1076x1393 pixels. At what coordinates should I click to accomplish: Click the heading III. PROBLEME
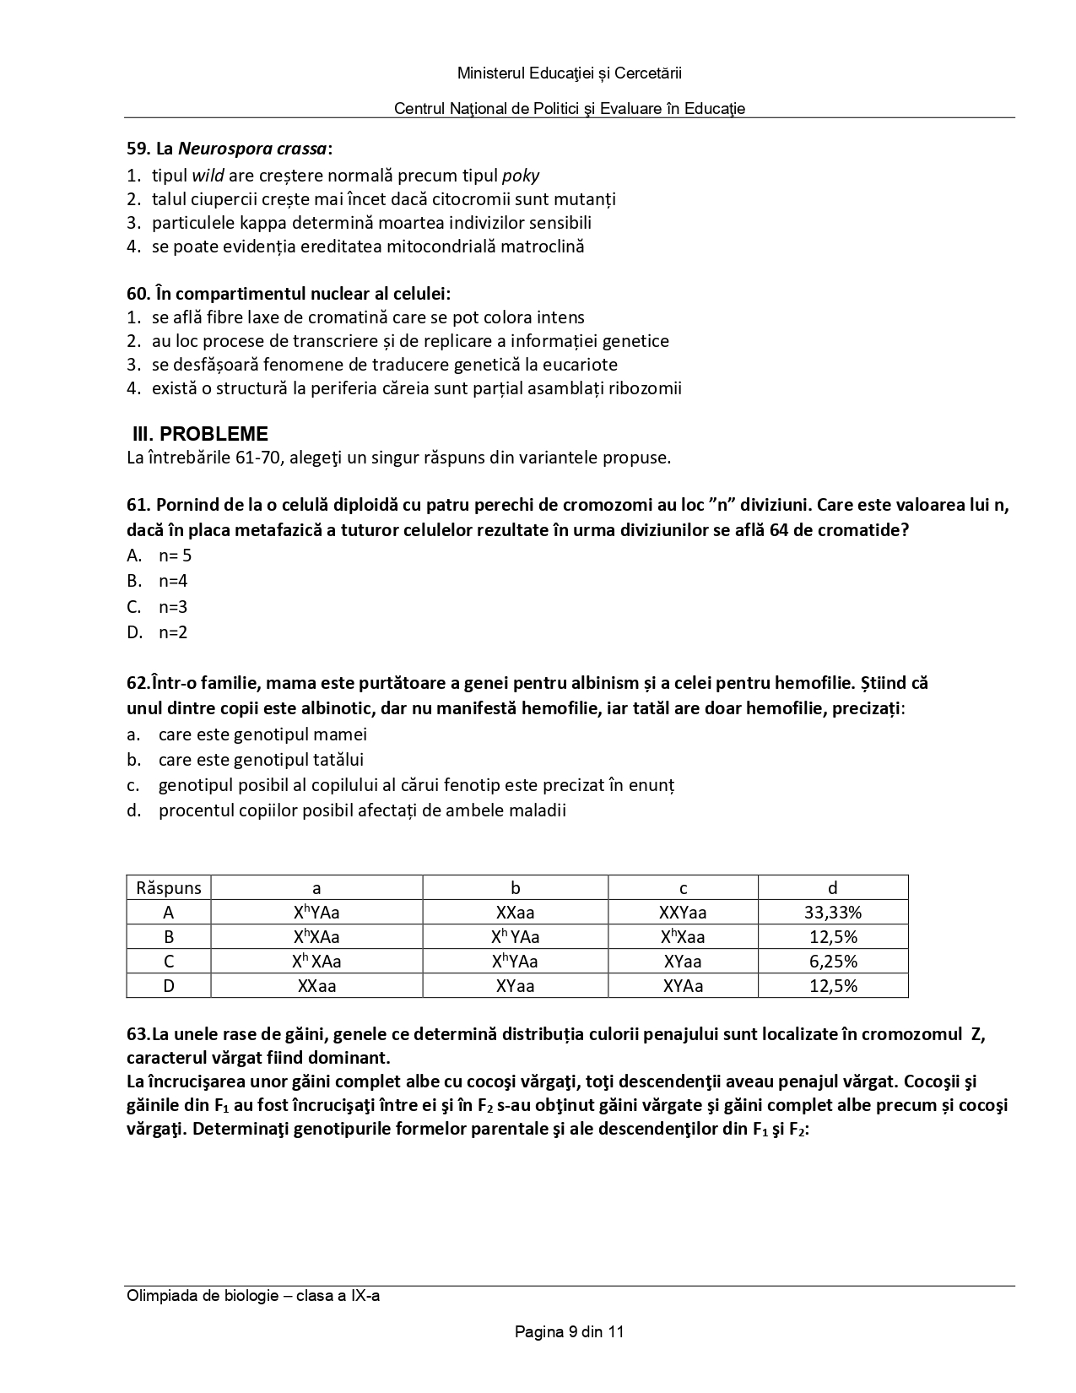[200, 434]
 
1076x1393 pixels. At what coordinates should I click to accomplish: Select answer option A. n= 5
[160, 556]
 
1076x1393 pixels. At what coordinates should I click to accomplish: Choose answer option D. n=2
[158, 632]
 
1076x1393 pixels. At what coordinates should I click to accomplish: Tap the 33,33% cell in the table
[832, 912]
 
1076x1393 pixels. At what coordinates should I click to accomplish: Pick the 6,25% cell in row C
[832, 961]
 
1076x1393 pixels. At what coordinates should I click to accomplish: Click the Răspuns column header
[169, 887]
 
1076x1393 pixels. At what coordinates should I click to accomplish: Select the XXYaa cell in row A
[682, 912]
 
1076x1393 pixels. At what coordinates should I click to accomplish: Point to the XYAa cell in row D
[682, 985]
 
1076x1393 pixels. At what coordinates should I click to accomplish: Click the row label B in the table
[169, 936]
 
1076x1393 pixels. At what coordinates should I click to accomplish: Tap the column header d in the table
[832, 887]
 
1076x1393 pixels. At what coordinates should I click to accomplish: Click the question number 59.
[138, 149]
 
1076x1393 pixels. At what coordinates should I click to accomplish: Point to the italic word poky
[521, 176]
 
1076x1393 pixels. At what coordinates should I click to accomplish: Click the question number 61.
[138, 505]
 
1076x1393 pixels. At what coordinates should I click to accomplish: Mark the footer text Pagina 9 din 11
[569, 1332]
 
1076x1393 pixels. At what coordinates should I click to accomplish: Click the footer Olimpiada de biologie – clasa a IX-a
[252, 1295]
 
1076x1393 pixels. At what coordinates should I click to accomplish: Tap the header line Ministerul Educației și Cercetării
[569, 73]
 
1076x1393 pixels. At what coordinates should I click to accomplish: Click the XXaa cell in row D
[316, 985]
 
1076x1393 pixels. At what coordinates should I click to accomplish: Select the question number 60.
[138, 294]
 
